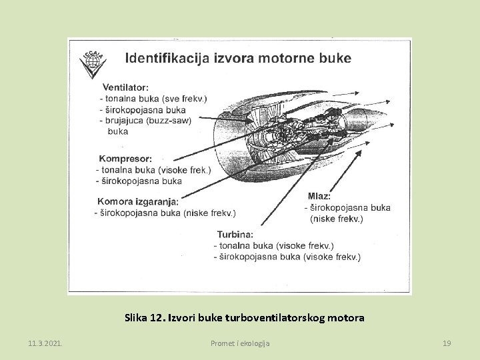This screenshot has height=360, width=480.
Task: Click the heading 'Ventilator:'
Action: click(x=125, y=87)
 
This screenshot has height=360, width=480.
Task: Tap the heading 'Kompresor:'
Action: click(x=125, y=159)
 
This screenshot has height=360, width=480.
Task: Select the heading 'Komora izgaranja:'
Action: click(x=138, y=201)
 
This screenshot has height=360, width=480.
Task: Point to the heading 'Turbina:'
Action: click(x=235, y=234)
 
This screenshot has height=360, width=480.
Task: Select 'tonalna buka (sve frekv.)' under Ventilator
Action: click(x=155, y=99)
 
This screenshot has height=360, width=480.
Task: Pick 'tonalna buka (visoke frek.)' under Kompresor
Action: click(x=155, y=170)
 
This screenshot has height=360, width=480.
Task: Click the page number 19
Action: click(x=447, y=343)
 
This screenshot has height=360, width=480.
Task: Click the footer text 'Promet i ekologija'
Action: click(x=240, y=343)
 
